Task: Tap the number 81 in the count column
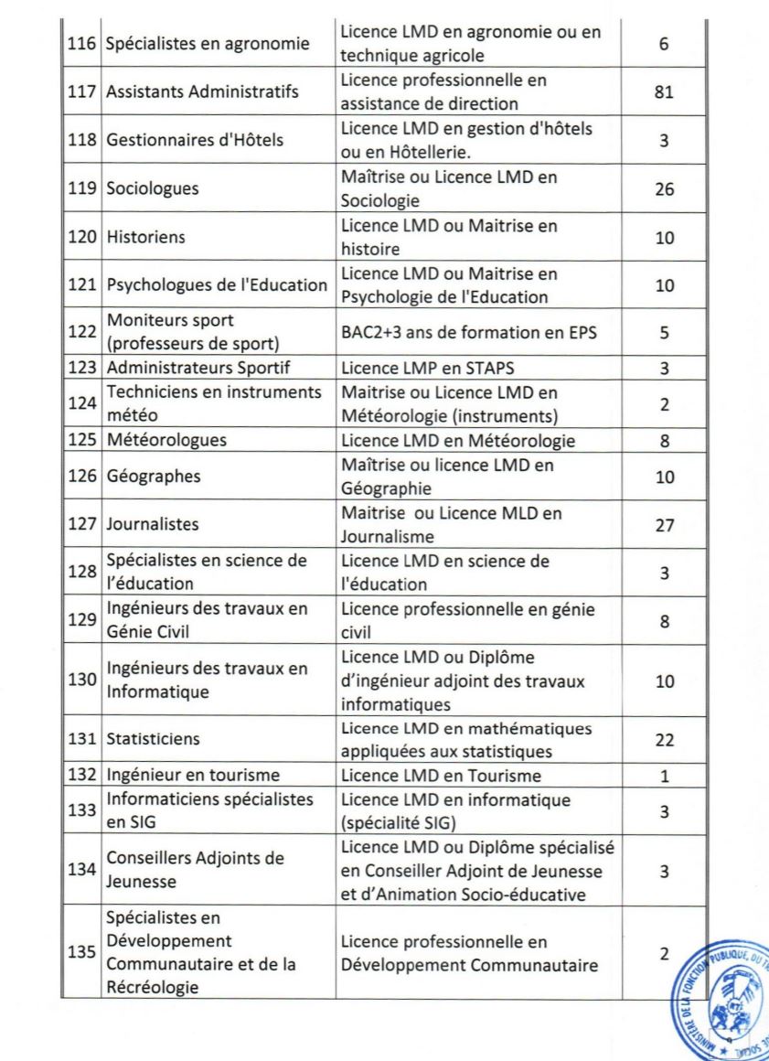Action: pyautogui.click(x=665, y=92)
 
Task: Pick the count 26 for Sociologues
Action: pyautogui.click(x=665, y=189)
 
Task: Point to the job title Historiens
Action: pyautogui.click(x=145, y=238)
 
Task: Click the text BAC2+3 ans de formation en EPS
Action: pyautogui.click(x=468, y=333)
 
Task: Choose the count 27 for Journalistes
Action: pyautogui.click(x=665, y=525)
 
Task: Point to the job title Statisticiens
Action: pyautogui.click(x=153, y=739)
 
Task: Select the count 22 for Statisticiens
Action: pyautogui.click(x=665, y=739)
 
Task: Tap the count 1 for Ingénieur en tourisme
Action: pyautogui.click(x=665, y=776)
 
